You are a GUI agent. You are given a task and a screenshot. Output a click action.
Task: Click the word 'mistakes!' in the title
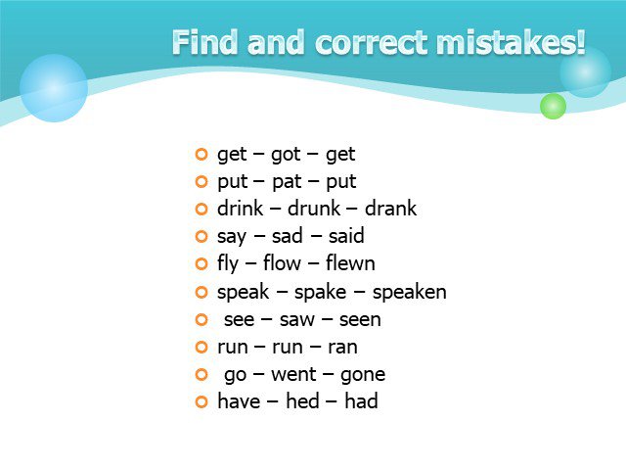(x=511, y=42)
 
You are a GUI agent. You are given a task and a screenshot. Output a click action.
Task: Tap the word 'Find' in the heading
(x=204, y=41)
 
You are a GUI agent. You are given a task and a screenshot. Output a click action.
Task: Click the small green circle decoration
(x=553, y=106)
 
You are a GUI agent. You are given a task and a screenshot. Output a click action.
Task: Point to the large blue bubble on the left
(x=54, y=88)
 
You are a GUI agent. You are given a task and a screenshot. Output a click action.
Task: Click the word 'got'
(x=286, y=155)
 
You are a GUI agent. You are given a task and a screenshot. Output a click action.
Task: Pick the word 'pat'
(x=287, y=182)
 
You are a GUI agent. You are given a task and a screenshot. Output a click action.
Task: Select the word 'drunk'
(x=314, y=209)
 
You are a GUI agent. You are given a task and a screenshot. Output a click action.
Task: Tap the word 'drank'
(x=390, y=209)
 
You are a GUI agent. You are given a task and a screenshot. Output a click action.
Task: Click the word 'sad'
(x=287, y=236)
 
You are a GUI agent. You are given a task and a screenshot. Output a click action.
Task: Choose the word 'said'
(x=346, y=236)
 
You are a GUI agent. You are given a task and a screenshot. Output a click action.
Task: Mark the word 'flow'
(x=282, y=263)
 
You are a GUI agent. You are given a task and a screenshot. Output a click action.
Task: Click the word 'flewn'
(x=350, y=263)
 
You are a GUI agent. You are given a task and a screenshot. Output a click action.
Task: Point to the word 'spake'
(x=320, y=292)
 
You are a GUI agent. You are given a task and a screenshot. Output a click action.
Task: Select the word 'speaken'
(x=409, y=292)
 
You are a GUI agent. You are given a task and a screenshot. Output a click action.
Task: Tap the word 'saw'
(x=297, y=320)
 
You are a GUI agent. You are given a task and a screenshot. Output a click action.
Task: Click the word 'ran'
(x=342, y=347)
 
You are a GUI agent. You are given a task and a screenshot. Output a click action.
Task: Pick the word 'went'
(x=293, y=374)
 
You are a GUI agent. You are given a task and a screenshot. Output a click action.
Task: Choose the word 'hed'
(x=302, y=400)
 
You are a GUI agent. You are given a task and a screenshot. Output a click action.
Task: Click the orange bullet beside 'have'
(x=201, y=401)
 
